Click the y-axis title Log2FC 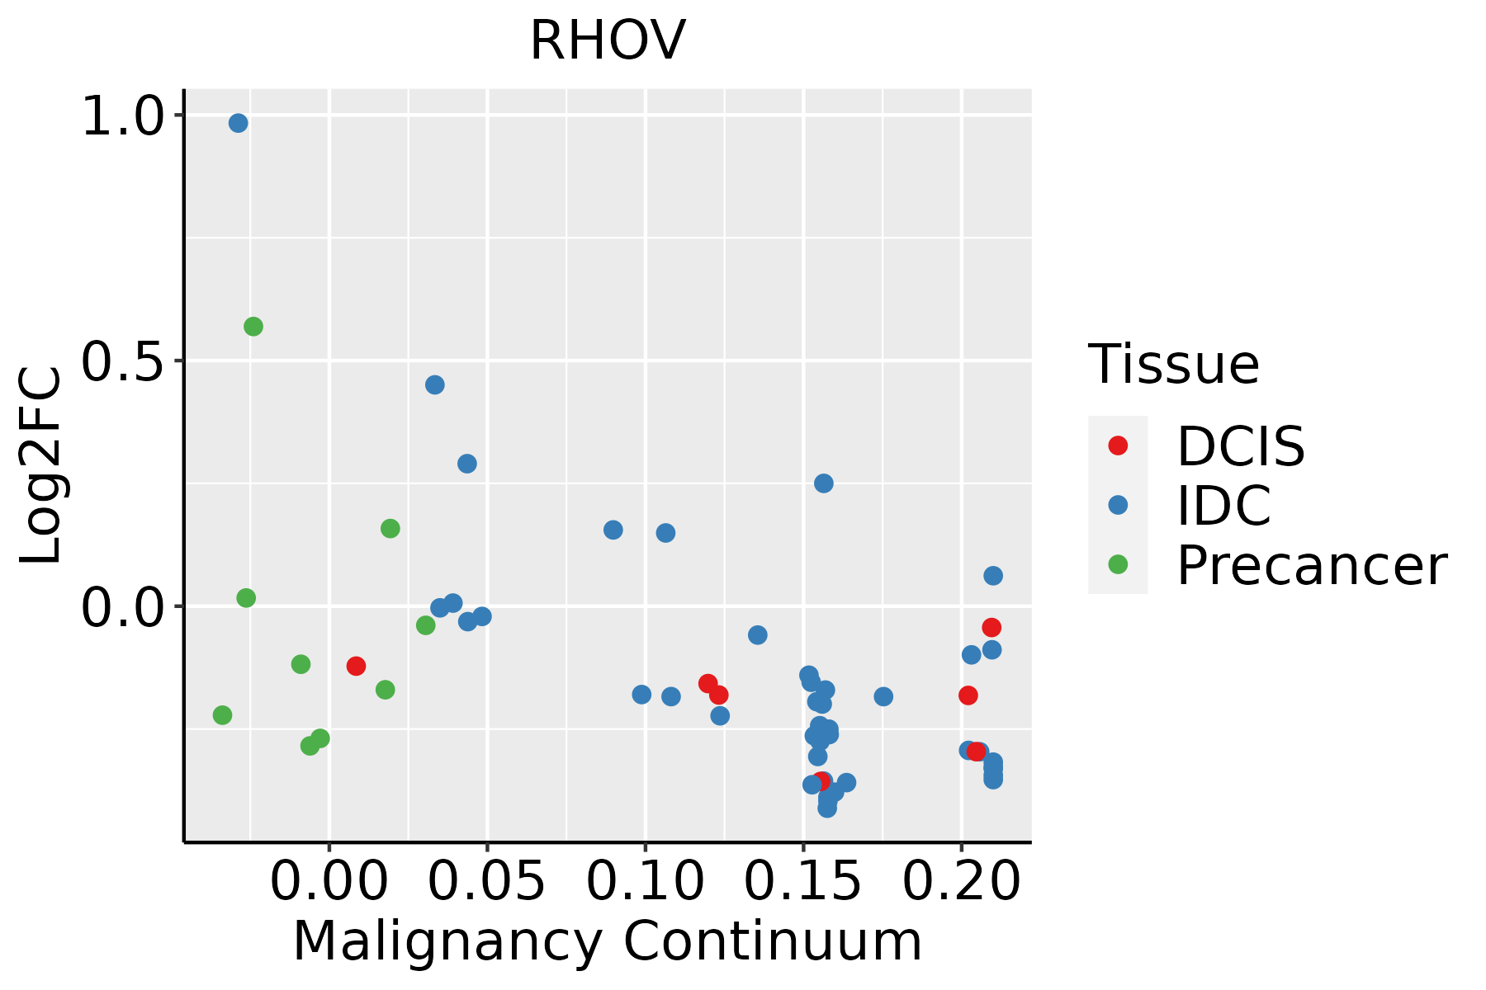point(41,466)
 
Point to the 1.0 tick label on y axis point(124,116)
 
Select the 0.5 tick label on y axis point(124,361)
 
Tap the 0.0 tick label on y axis point(124,608)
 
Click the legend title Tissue point(1174,365)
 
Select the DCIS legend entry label point(1241,447)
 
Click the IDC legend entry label point(1223,506)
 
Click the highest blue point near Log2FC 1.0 point(239,123)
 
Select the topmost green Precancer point point(253,327)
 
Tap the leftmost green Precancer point point(222,714)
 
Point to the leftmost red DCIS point point(356,666)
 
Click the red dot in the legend point(1118,445)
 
